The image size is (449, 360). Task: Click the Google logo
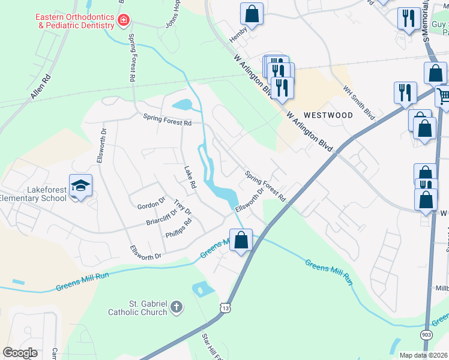pyautogui.click(x=20, y=353)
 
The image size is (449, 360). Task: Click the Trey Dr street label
pyautogui.click(x=182, y=208)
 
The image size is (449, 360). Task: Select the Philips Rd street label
pyautogui.click(x=178, y=227)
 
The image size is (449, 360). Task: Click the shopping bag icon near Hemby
pyautogui.click(x=252, y=14)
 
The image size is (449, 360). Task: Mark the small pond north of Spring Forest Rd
pyautogui.click(x=183, y=105)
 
